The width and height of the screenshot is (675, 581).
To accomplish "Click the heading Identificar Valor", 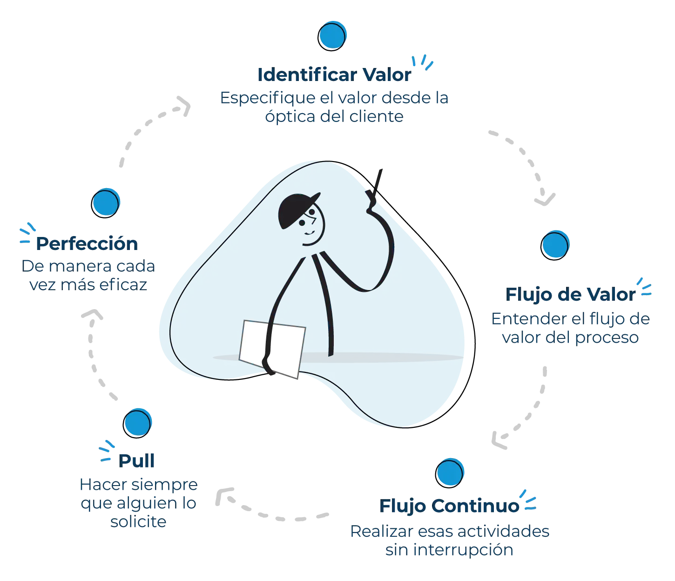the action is (x=334, y=75).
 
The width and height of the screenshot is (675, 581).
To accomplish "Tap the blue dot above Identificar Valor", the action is (x=332, y=35).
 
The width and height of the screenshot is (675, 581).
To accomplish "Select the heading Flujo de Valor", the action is (x=570, y=294).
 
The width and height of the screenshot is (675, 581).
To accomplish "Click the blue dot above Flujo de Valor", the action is (x=555, y=245).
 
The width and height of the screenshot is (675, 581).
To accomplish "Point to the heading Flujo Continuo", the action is (x=449, y=506).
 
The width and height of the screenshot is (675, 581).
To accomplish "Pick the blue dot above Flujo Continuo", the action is (x=450, y=473).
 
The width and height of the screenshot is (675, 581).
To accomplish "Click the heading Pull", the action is (x=136, y=461).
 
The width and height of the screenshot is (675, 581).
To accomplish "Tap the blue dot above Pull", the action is (x=137, y=423).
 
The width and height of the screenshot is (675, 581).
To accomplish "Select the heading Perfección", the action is (x=87, y=243).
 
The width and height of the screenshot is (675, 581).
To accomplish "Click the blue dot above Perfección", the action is (x=106, y=203).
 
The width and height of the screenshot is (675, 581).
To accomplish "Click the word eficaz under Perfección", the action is (x=123, y=285).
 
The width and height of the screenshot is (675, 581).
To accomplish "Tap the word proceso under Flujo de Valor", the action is (x=607, y=338).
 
